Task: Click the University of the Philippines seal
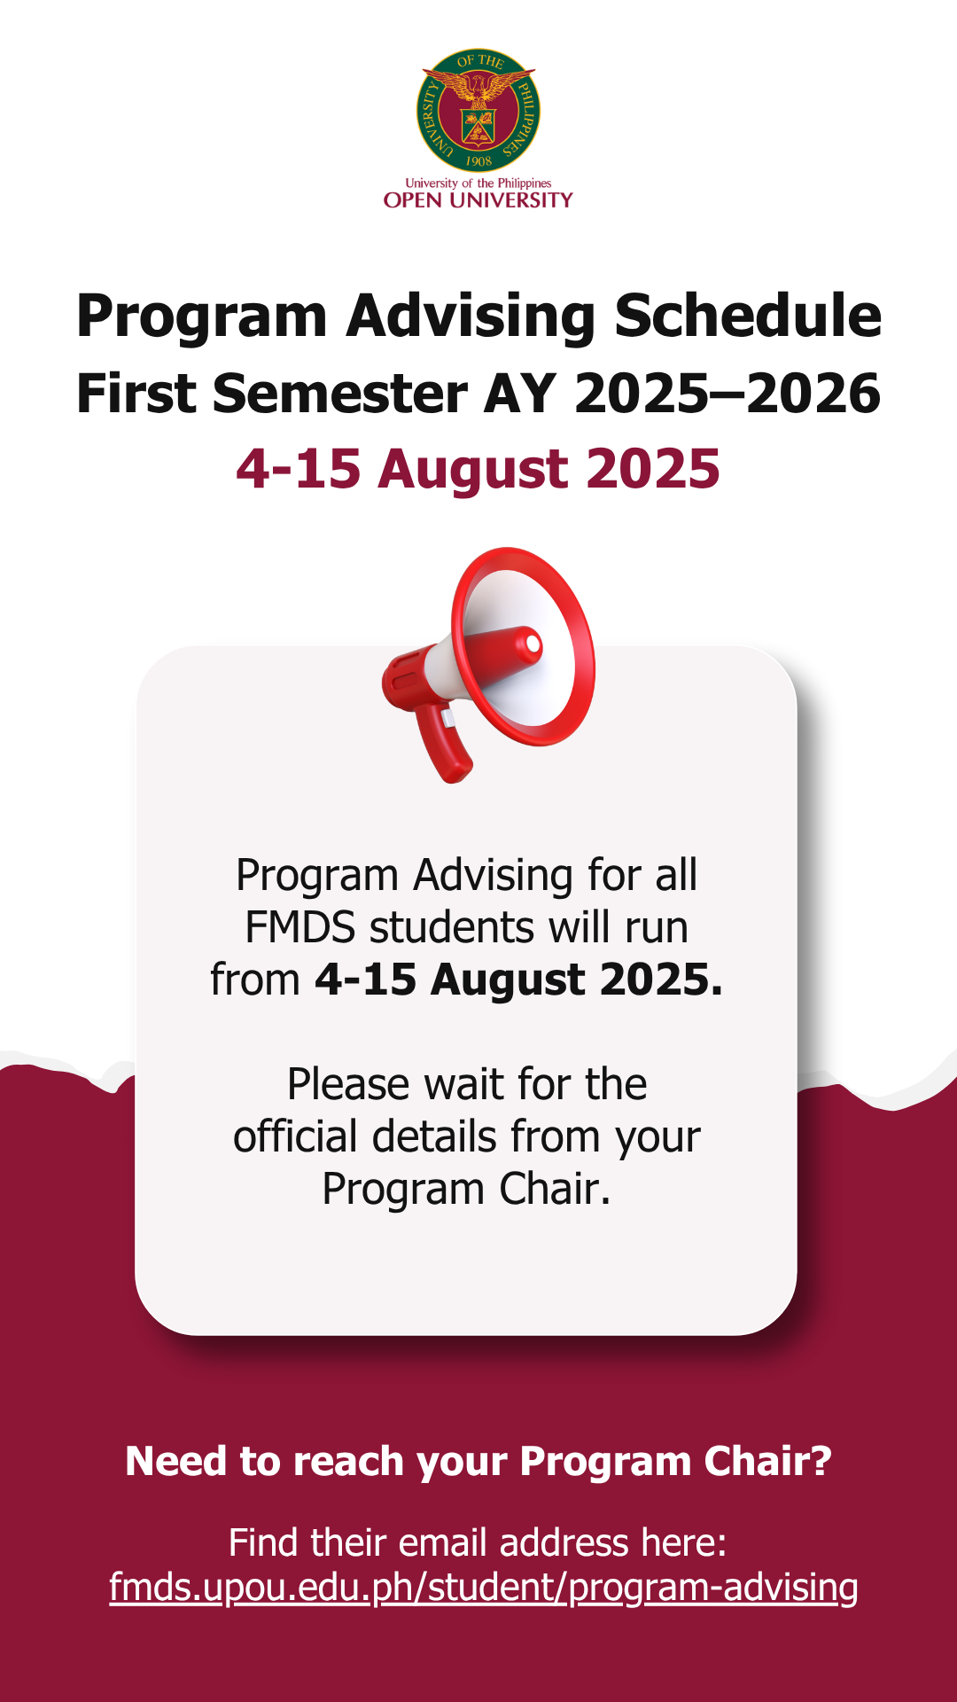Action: tap(478, 111)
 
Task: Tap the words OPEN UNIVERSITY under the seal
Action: tap(478, 200)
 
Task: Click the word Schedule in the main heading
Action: tap(748, 316)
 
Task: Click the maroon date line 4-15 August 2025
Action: tap(478, 469)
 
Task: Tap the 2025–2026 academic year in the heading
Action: tap(727, 394)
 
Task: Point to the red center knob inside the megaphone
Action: tap(531, 643)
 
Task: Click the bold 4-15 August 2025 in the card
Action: tap(519, 980)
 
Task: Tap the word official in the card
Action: tap(295, 1136)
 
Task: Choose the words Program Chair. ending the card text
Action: tap(467, 1190)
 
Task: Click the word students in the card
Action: tap(452, 928)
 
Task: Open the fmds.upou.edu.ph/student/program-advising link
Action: tap(484, 1588)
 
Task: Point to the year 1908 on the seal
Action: tap(478, 161)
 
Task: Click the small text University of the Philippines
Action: tap(478, 183)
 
